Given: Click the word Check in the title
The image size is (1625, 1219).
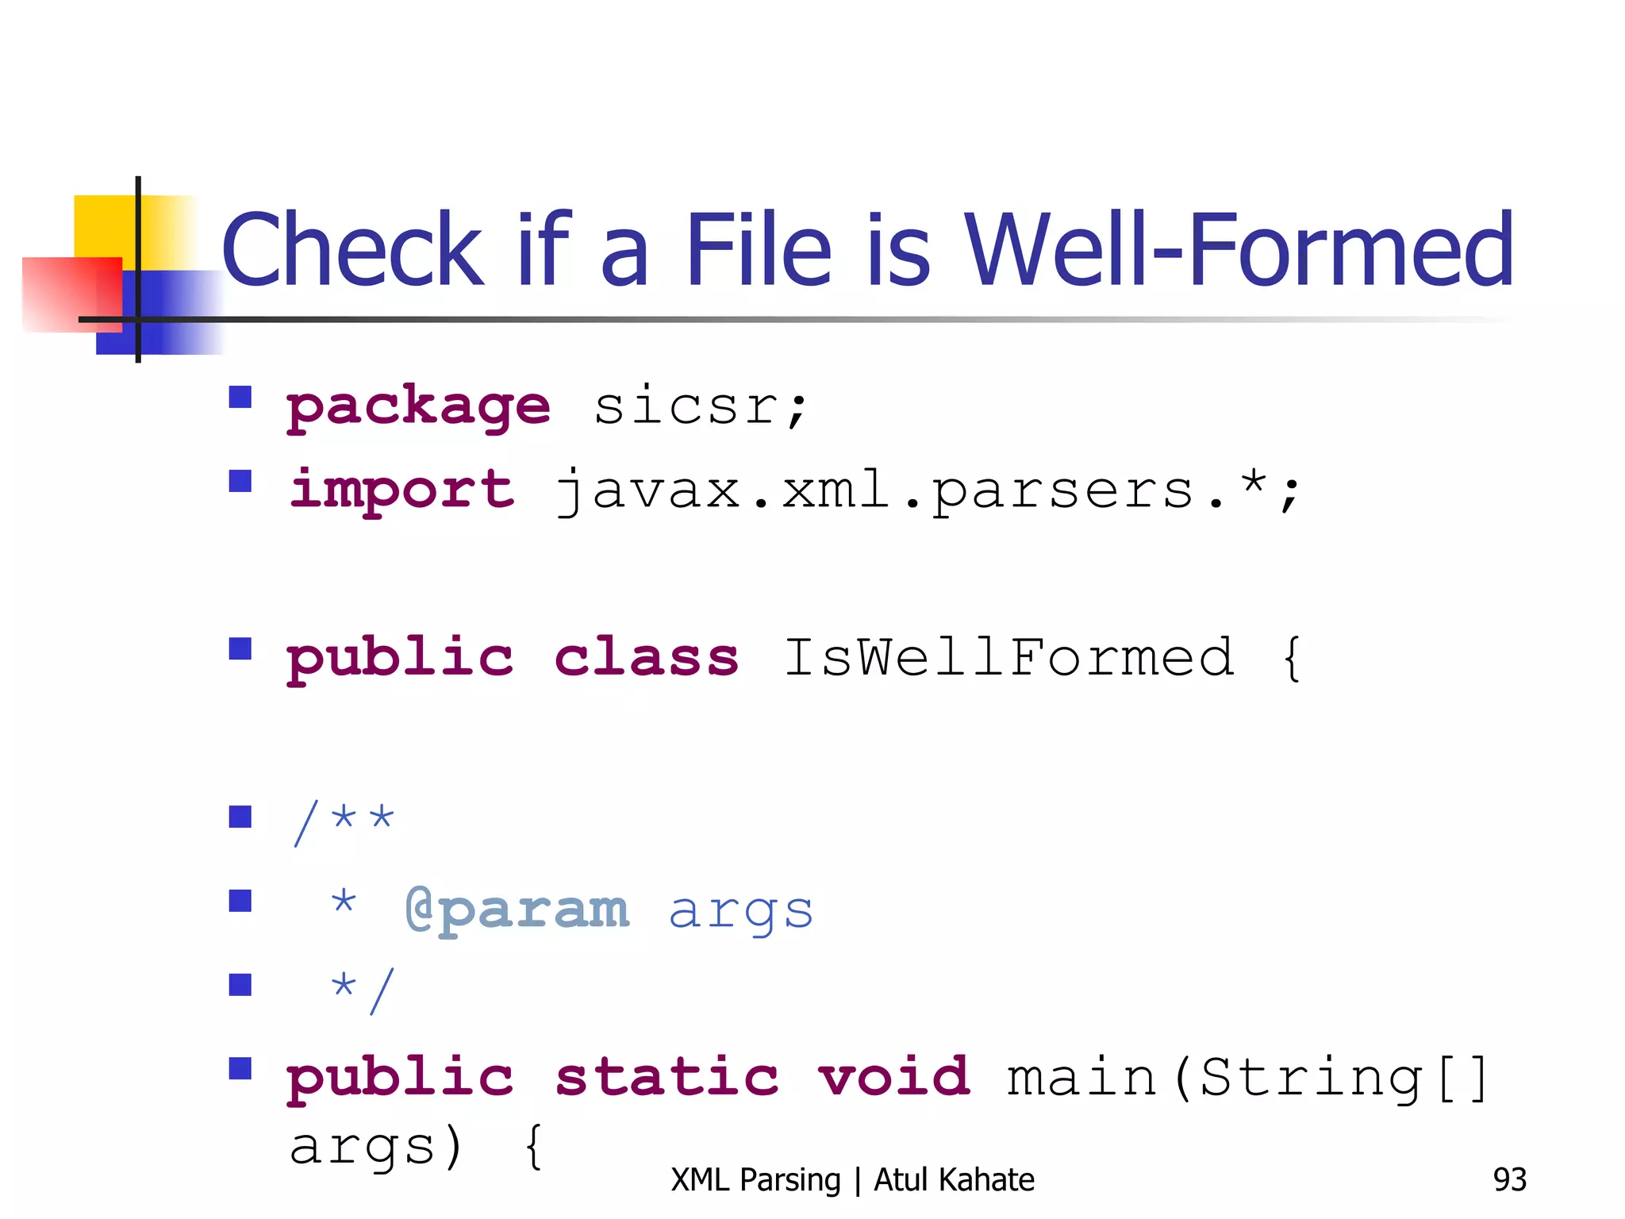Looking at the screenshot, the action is point(352,250).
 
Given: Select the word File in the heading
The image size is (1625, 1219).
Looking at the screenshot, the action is point(758,250).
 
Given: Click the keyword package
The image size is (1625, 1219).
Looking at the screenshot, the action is point(418,407).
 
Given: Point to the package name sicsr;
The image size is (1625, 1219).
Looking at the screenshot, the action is point(700,407).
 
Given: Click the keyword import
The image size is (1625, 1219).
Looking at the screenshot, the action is point(401,490).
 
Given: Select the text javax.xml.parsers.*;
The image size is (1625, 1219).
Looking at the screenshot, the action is point(927,491).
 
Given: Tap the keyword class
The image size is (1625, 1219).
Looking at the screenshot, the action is point(646,658).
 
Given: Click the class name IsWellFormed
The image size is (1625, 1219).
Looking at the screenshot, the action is point(1008,658).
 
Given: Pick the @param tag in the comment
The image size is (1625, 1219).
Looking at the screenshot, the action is point(517,910).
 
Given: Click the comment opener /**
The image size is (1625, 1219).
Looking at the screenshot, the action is point(343,822).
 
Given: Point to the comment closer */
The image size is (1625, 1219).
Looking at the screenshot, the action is point(362,990).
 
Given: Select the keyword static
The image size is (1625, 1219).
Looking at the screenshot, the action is point(667,1078).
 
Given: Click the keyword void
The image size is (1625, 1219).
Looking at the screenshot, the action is point(894,1078).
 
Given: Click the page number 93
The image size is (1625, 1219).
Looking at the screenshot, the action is point(1509,1180).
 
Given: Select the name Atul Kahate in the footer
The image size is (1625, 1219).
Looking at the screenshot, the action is point(954,1180).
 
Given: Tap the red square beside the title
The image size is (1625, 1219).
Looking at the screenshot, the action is point(71,294).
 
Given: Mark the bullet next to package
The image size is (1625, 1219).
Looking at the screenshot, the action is point(240,397).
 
